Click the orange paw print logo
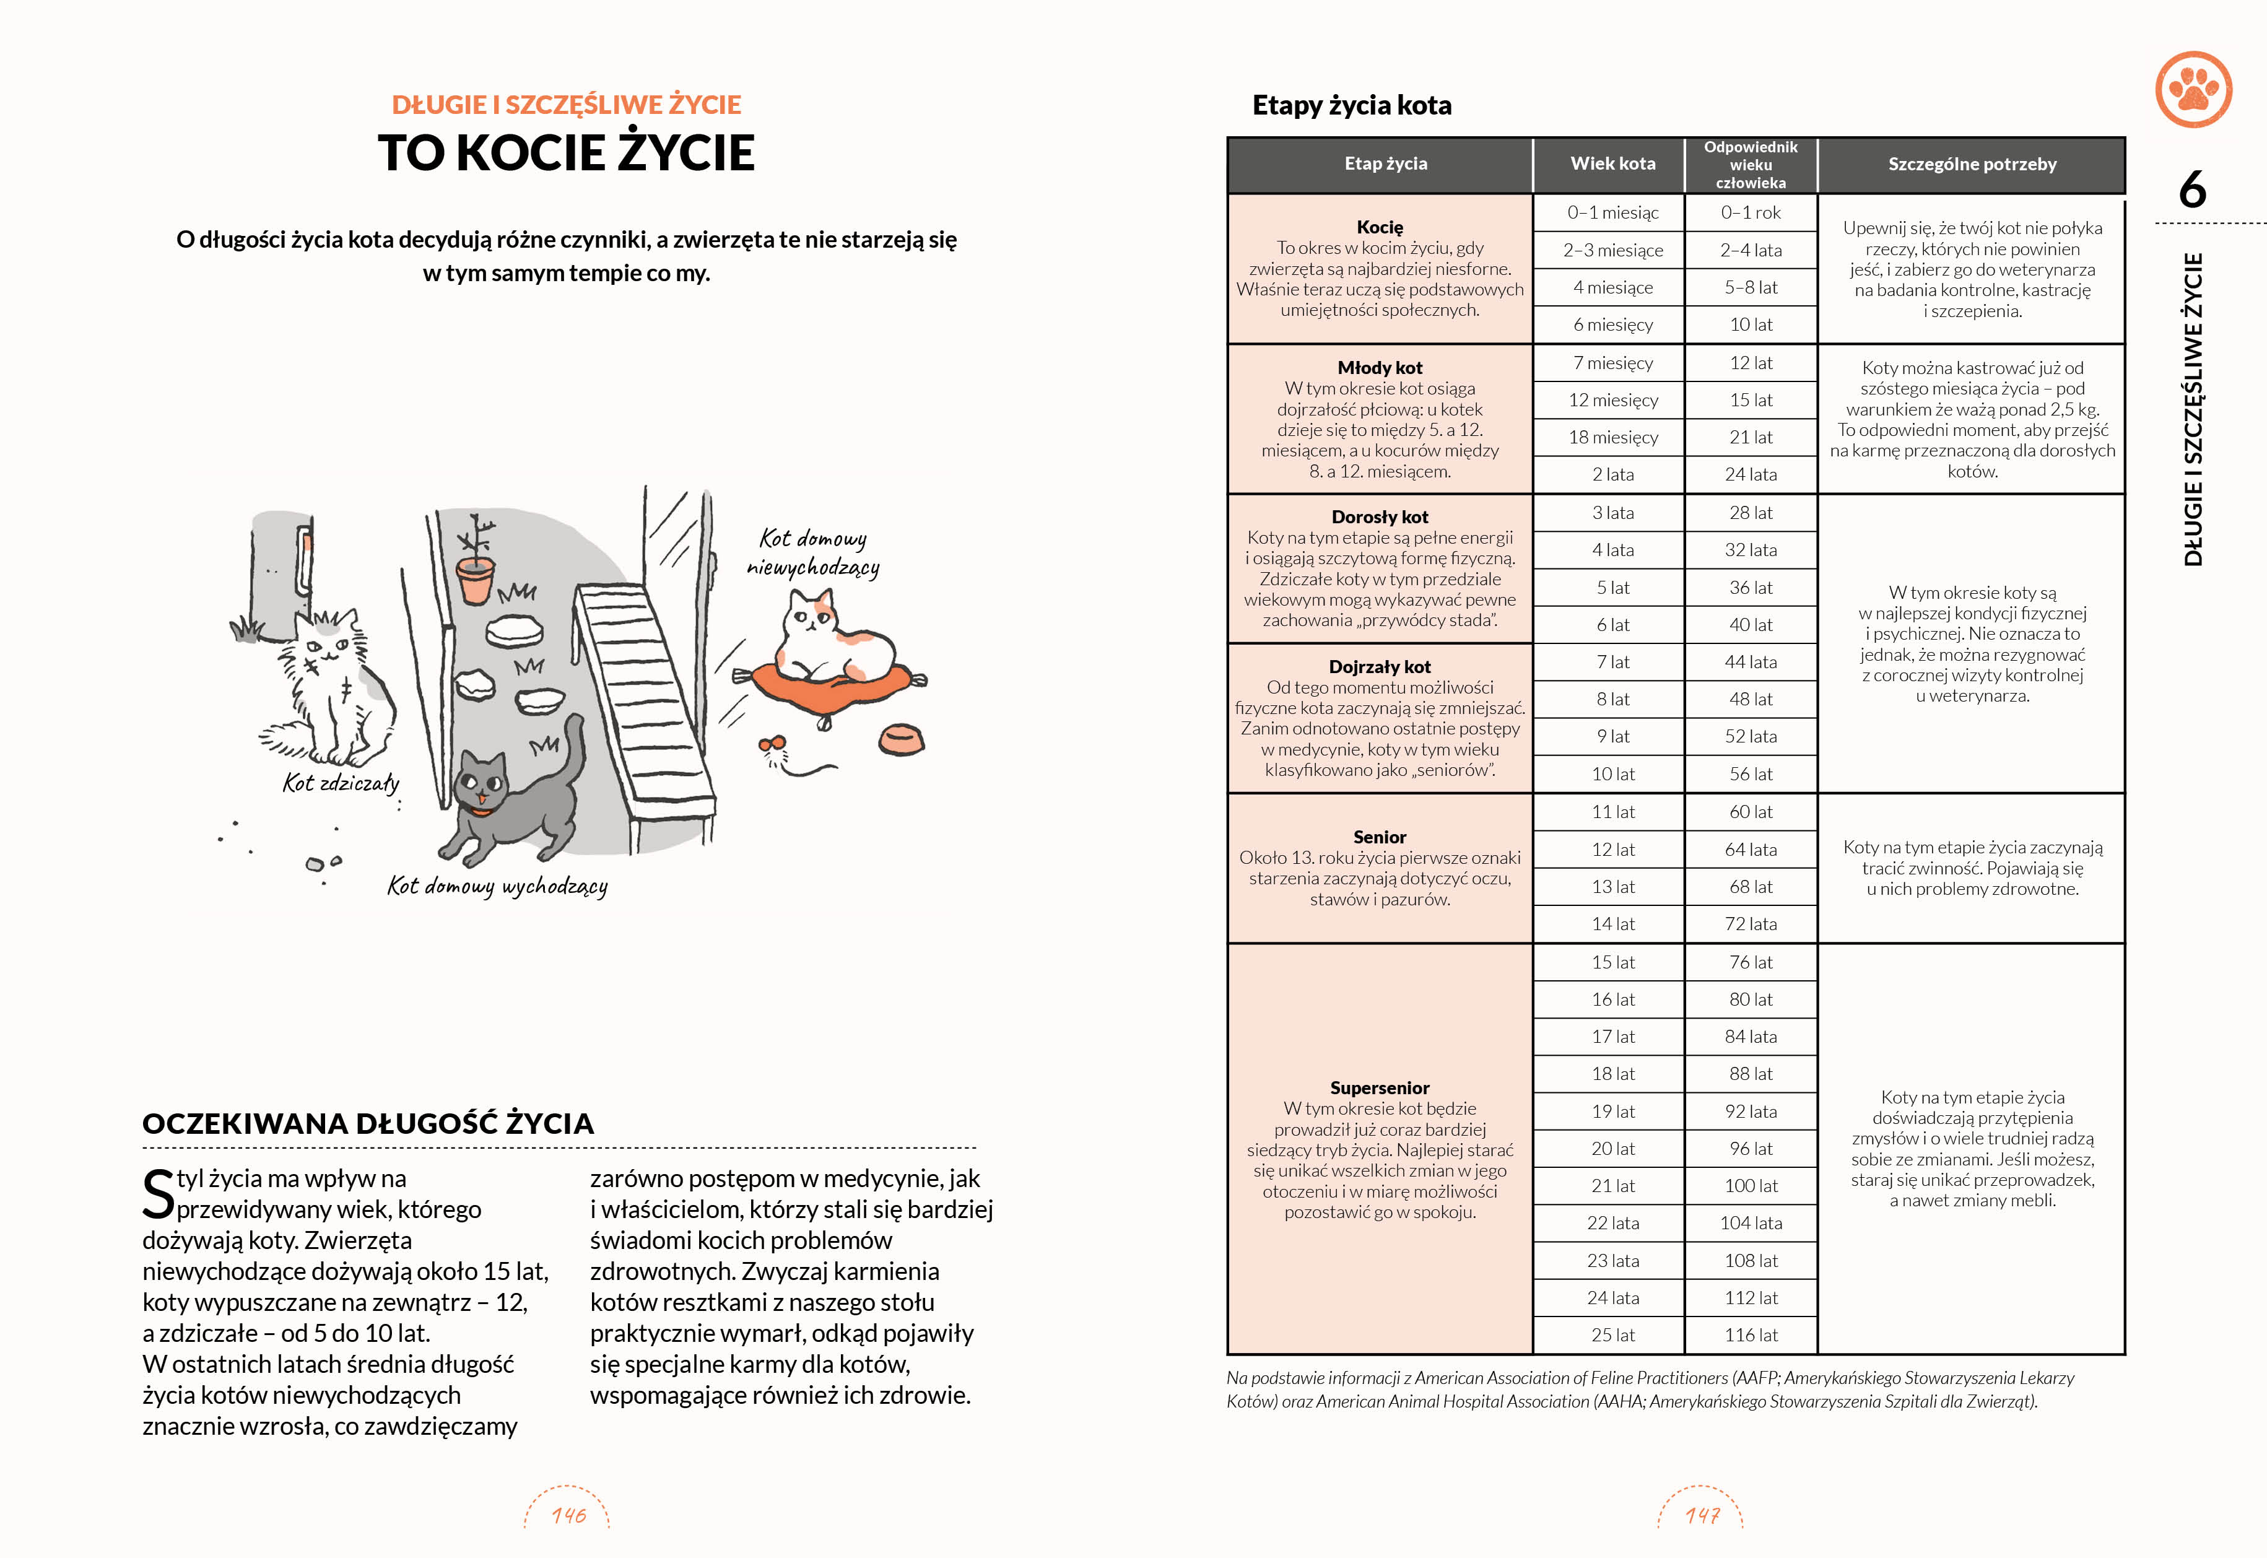point(2193,90)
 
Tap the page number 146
point(568,1515)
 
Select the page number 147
point(1702,1515)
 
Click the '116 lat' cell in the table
point(1751,1334)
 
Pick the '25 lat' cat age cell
point(1612,1334)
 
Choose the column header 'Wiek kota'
point(1612,164)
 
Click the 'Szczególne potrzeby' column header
point(1971,164)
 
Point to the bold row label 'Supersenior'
point(1379,1087)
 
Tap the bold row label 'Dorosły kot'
point(1379,516)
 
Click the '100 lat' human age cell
point(1751,1186)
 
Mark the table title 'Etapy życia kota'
point(1352,105)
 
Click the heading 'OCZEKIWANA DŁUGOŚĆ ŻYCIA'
point(368,1123)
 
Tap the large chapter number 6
point(2192,189)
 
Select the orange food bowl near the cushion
point(901,739)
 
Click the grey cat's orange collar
point(478,809)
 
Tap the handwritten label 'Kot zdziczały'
point(341,783)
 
